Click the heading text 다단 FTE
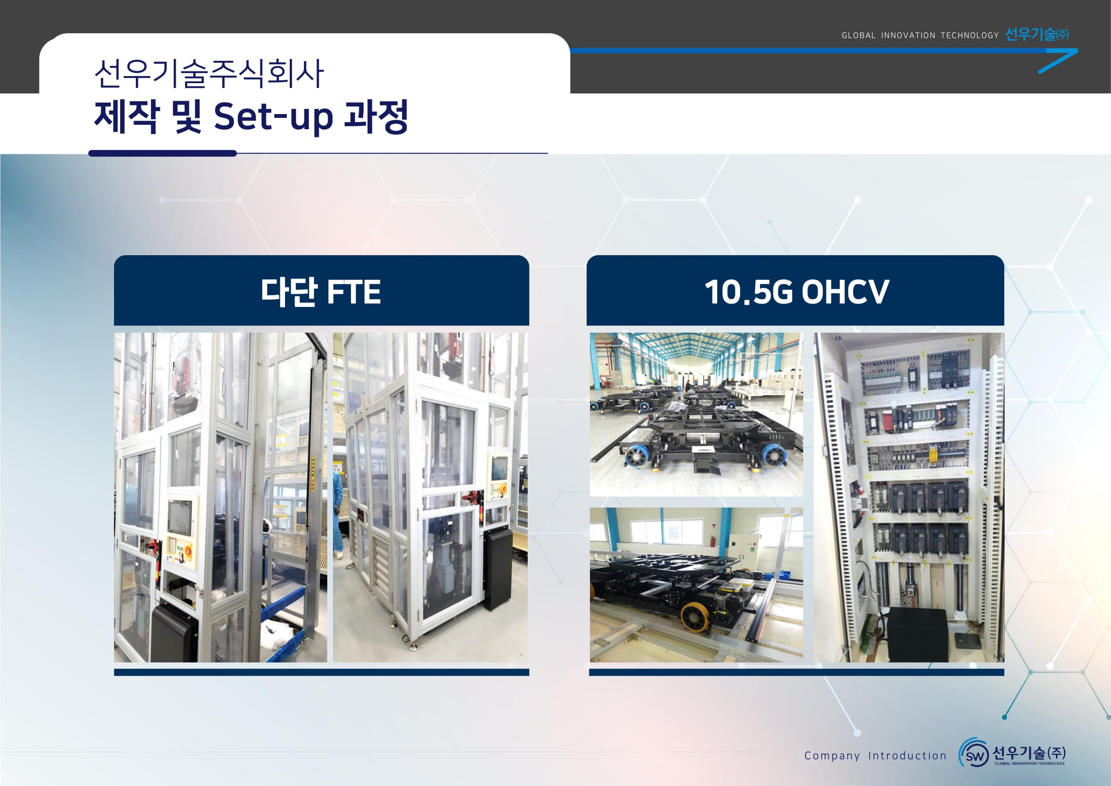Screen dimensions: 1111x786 pyautogui.click(x=321, y=292)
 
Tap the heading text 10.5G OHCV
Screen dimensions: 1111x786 pyautogui.click(x=797, y=292)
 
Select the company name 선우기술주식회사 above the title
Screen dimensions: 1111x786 pyautogui.click(x=209, y=74)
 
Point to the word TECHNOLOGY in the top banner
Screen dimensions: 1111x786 pyautogui.click(x=969, y=35)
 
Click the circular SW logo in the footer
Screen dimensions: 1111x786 pyautogui.click(x=974, y=754)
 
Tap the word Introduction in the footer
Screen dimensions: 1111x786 pyautogui.click(x=907, y=756)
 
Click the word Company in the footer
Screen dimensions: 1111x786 pyautogui.click(x=832, y=756)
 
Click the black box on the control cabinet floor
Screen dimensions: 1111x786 pyautogui.click(x=917, y=634)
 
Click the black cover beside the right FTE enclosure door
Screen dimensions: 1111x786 pyautogui.click(x=497, y=569)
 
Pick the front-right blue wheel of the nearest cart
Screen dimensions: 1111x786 pyautogui.click(x=774, y=456)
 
